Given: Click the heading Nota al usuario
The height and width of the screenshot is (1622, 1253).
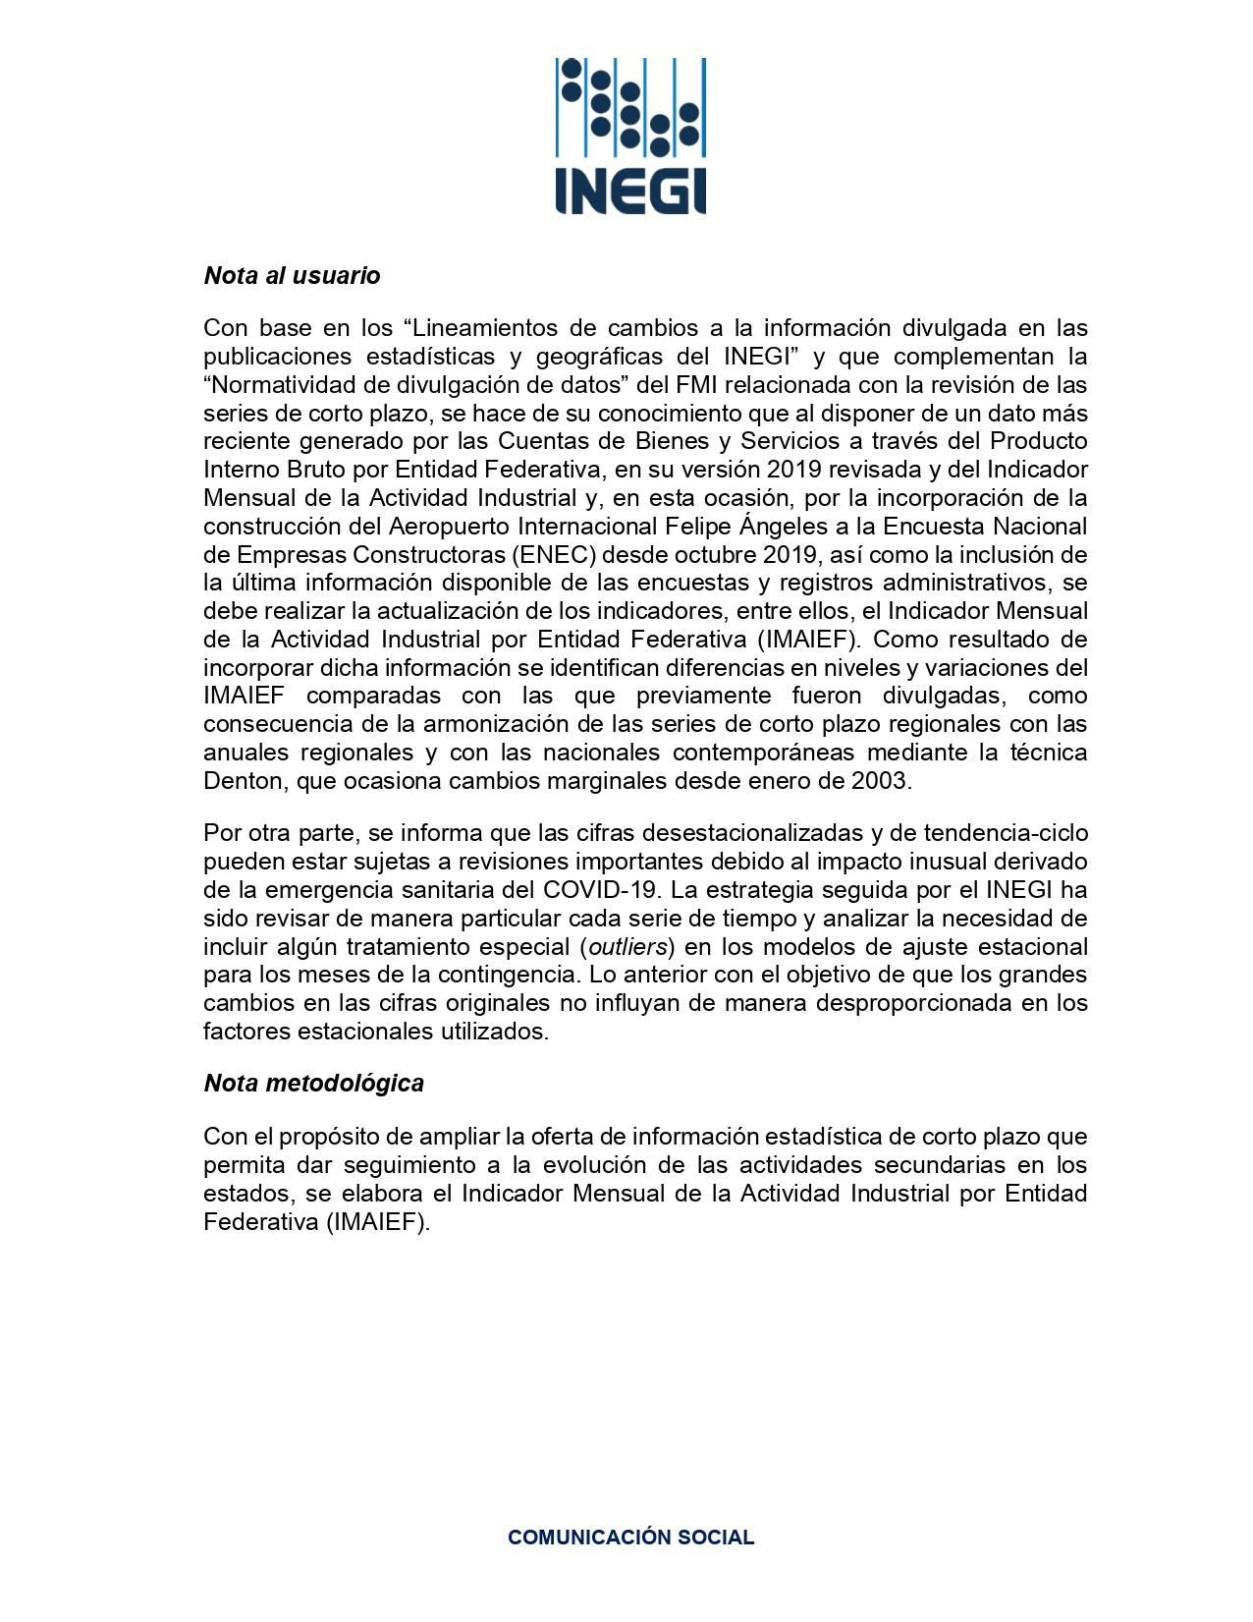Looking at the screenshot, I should pyautogui.click(x=292, y=276).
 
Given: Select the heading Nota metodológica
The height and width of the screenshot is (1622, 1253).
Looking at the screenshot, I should pyautogui.click(x=313, y=1084).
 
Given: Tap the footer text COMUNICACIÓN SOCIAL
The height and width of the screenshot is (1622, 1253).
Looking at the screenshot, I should pyautogui.click(x=630, y=1538).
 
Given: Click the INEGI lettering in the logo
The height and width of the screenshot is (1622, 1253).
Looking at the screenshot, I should pyautogui.click(x=630, y=192).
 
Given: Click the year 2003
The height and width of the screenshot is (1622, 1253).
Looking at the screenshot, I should pyautogui.click(x=881, y=782).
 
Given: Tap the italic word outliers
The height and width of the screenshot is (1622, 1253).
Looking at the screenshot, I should pyautogui.click(x=628, y=947).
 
